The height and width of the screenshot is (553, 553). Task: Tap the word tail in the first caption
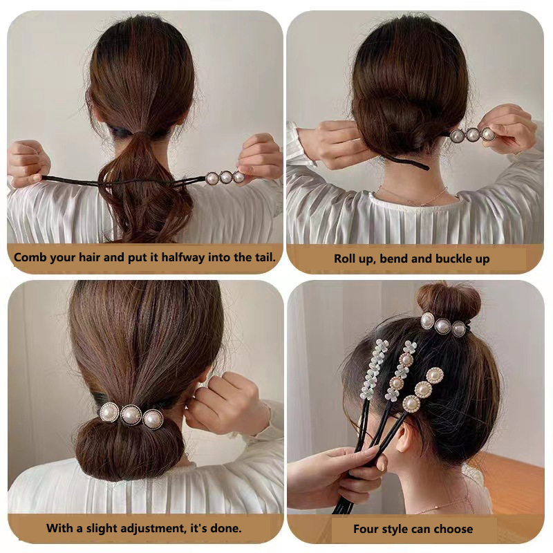click(261, 258)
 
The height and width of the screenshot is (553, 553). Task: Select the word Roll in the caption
click(346, 259)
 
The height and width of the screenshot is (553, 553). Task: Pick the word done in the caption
click(227, 528)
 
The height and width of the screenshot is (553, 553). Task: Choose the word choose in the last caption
click(453, 529)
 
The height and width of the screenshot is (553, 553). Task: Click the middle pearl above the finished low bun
click(131, 415)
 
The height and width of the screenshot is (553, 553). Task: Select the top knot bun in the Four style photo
click(448, 301)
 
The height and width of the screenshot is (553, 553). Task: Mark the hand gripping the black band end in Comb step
click(28, 162)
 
